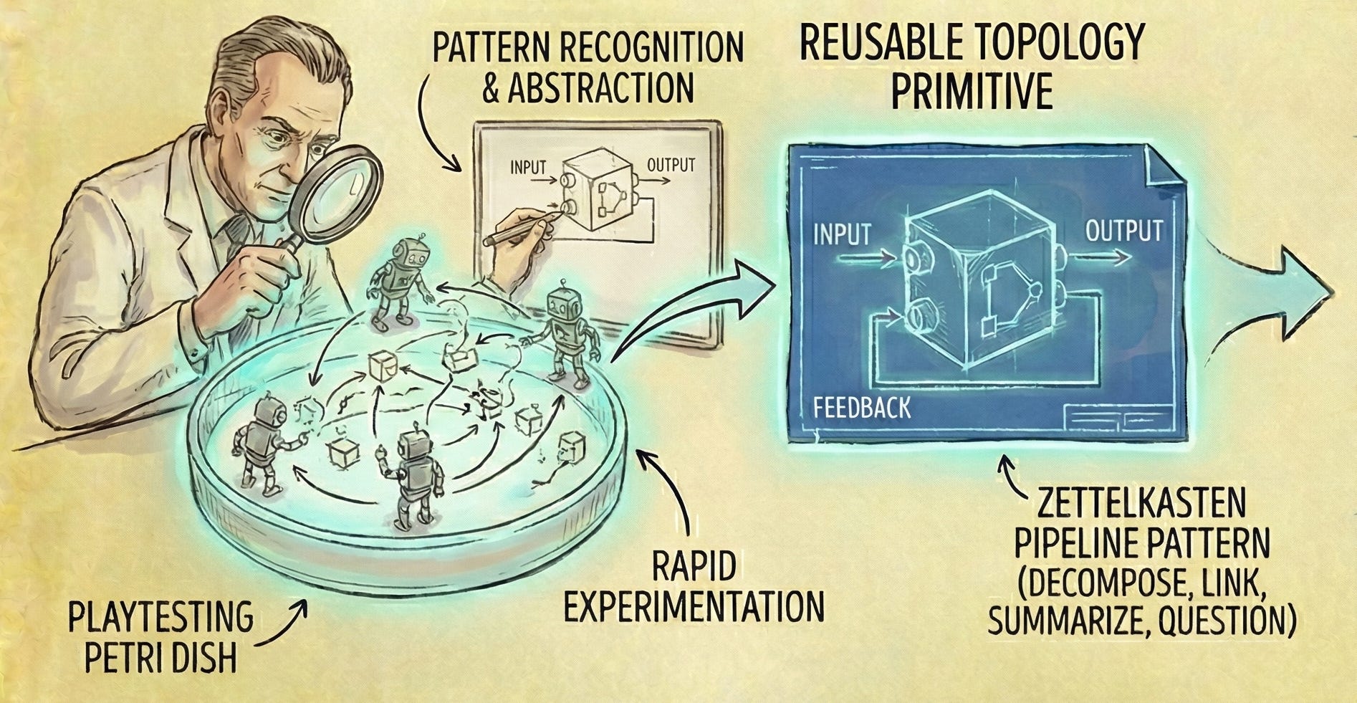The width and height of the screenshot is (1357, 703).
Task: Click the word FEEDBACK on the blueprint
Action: click(x=862, y=408)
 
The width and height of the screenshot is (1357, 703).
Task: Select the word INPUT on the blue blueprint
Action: click(x=842, y=234)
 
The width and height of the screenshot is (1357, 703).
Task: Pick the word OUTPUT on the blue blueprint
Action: click(x=1123, y=231)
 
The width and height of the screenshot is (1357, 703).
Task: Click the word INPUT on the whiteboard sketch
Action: click(x=528, y=168)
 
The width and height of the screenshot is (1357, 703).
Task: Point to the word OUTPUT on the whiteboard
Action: click(x=671, y=165)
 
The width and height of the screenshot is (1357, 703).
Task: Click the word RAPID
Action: click(x=694, y=568)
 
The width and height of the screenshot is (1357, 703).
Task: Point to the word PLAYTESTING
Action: click(x=161, y=618)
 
